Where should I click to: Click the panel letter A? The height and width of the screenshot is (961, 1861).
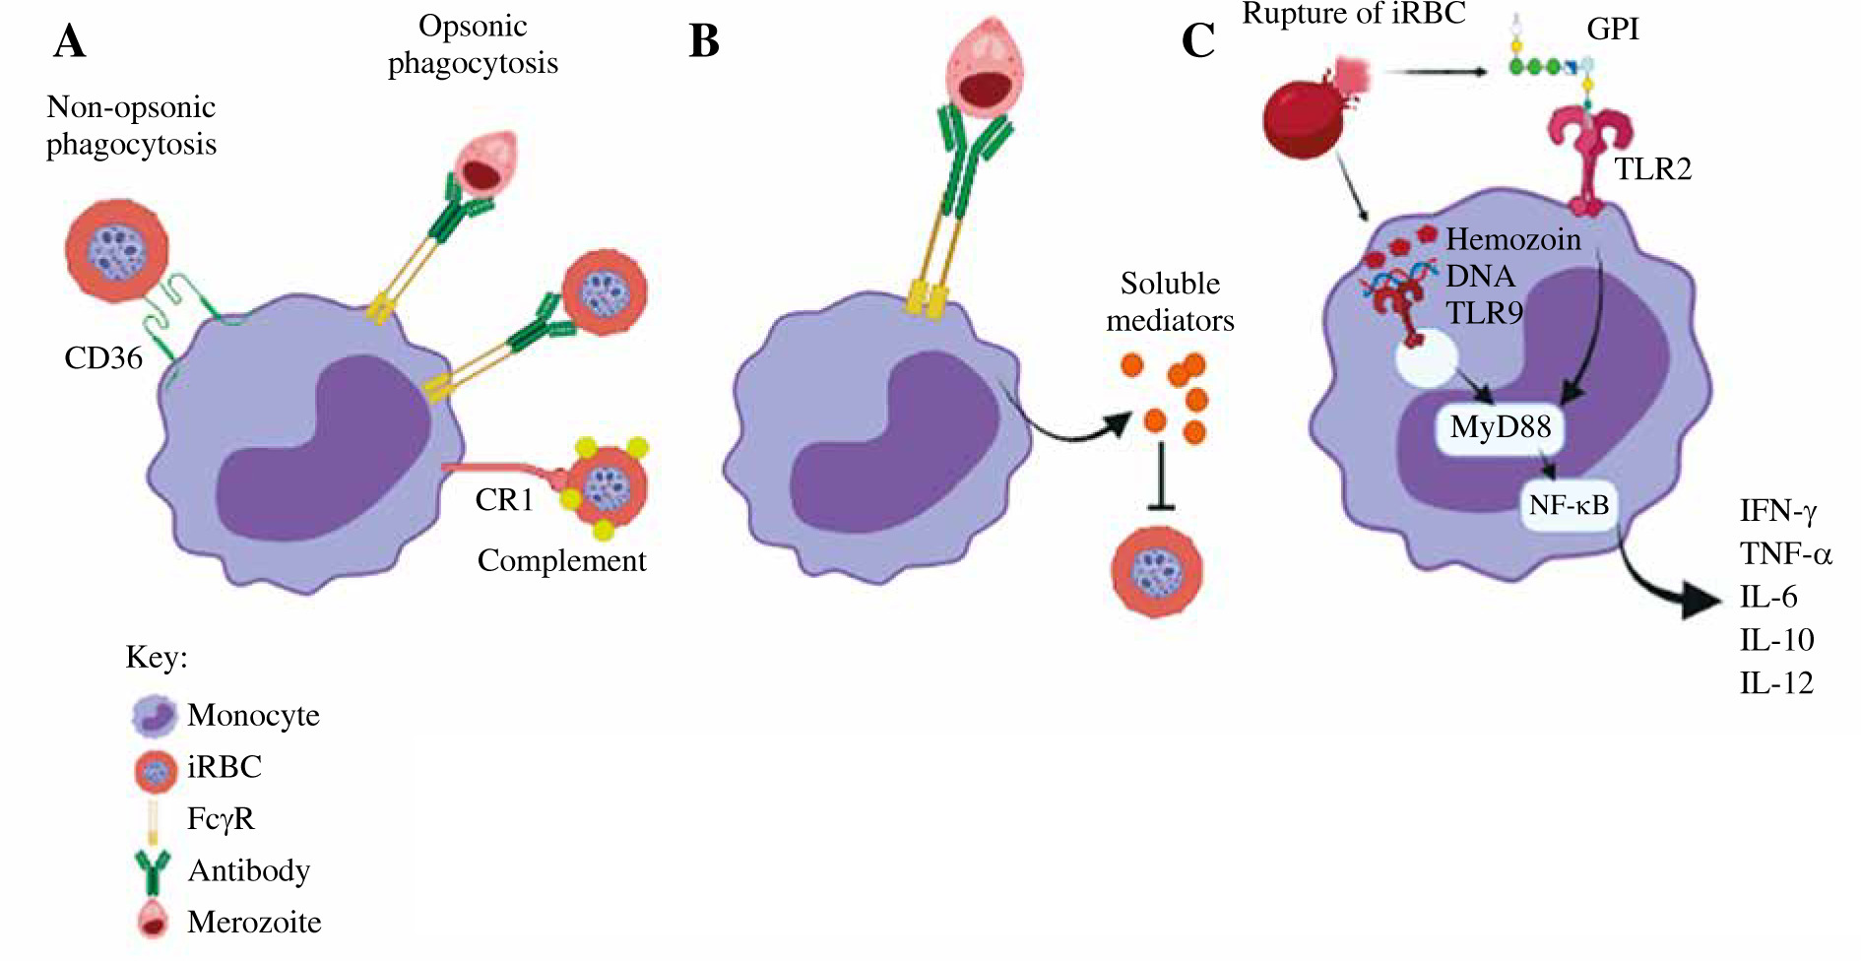click(x=69, y=41)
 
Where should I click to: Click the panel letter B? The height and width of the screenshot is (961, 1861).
click(x=704, y=41)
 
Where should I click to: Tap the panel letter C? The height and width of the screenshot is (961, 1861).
click(x=1197, y=41)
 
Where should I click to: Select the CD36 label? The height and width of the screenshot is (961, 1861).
click(x=103, y=357)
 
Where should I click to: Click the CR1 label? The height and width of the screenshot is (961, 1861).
click(x=504, y=500)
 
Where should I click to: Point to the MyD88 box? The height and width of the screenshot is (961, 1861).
click(x=1500, y=427)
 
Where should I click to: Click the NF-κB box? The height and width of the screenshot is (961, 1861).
click(x=1569, y=505)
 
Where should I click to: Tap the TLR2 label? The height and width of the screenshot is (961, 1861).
click(x=1652, y=169)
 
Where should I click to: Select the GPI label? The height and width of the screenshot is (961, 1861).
click(x=1612, y=29)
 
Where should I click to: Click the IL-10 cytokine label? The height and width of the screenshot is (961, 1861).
click(x=1776, y=640)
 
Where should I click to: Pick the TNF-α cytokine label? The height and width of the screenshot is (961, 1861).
click(x=1785, y=553)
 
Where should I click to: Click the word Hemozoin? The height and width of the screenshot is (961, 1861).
click(x=1512, y=239)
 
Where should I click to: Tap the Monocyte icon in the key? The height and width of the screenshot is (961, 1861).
click(x=154, y=716)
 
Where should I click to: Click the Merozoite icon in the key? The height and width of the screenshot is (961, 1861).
click(x=153, y=921)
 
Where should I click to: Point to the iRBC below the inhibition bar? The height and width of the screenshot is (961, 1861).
click(x=1156, y=572)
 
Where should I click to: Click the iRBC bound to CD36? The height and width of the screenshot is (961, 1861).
click(x=116, y=250)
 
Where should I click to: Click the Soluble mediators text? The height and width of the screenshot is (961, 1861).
click(x=1170, y=301)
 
